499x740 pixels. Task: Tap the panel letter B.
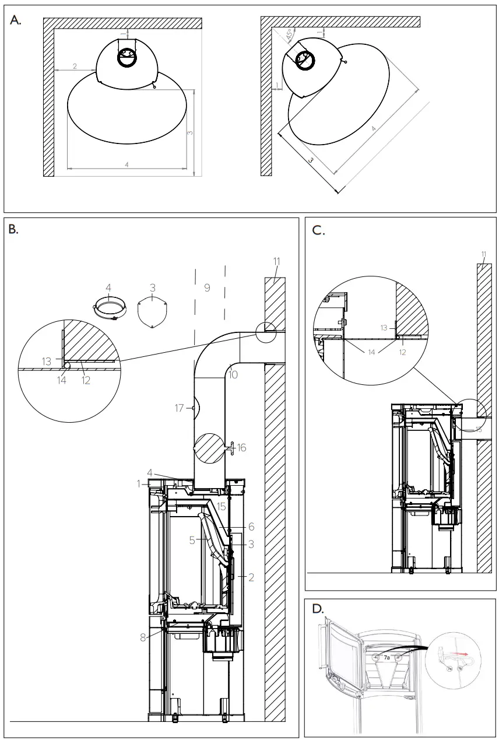(13, 230)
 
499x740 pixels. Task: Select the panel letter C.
(318, 230)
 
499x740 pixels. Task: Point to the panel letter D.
(318, 609)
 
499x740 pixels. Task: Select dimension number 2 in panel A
(75, 66)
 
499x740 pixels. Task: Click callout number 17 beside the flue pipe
(180, 409)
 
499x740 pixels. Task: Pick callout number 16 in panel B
(242, 448)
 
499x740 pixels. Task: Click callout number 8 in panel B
(143, 637)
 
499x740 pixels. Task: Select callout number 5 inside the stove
(191, 540)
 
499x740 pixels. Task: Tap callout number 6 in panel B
(251, 527)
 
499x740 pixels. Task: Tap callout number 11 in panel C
(483, 254)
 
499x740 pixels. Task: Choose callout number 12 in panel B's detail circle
(86, 381)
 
